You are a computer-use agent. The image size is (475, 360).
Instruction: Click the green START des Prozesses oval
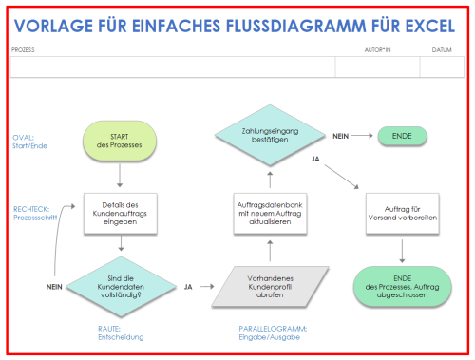(119, 140)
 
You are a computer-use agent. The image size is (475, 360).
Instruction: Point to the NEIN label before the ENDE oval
(341, 136)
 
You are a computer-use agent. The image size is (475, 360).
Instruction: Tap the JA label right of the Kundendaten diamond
(188, 285)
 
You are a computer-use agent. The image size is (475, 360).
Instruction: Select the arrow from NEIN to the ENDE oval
(364, 136)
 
